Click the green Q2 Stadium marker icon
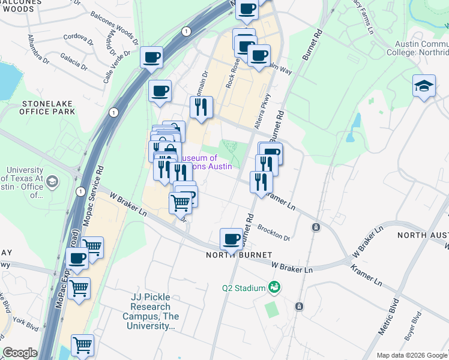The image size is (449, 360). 274,288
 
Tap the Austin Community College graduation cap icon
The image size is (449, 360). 424,85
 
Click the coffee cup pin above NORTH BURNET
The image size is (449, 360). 231,240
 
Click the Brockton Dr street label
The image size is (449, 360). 274,233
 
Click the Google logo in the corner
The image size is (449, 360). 20,353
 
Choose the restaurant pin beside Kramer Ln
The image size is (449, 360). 261,182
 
